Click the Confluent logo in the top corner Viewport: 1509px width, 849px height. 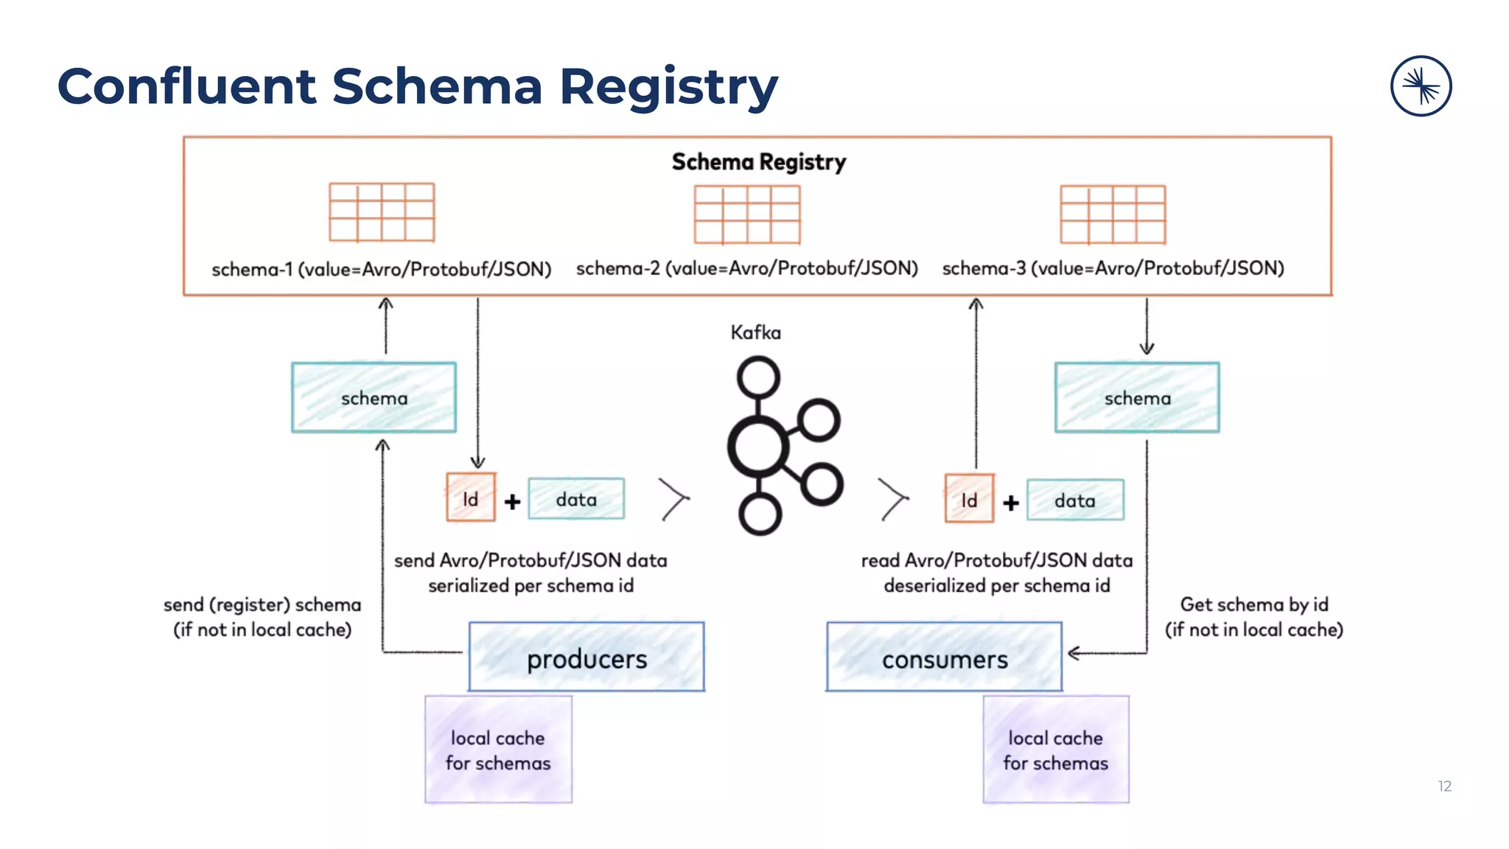tap(1421, 86)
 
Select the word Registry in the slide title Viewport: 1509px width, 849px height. tap(668, 87)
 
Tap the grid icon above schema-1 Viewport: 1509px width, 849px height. tap(382, 212)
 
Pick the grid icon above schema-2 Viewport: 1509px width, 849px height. tap(747, 214)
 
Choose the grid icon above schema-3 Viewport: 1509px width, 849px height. tap(1113, 214)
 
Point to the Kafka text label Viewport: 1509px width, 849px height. tap(755, 332)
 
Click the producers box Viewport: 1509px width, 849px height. tap(587, 657)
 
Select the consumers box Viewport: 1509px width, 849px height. tap(944, 657)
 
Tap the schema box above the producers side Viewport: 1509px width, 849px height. tap(374, 398)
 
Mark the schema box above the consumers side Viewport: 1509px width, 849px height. tap(1137, 398)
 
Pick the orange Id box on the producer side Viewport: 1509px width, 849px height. tap(471, 499)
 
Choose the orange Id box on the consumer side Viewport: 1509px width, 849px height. tap(969, 500)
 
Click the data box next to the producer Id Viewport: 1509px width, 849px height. tap(576, 499)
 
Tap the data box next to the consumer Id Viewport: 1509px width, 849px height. tap(1075, 500)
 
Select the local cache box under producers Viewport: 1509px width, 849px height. tap(498, 750)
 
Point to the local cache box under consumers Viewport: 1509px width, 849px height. tap(1055, 750)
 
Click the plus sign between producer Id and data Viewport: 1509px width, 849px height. tap(512, 502)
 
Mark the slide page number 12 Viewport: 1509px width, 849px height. tap(1444, 786)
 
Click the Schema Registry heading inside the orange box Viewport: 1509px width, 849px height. tap(758, 162)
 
